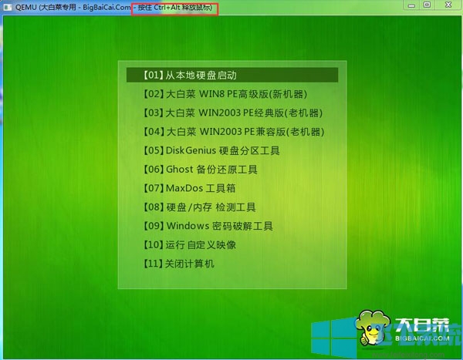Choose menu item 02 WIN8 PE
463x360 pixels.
[x=225, y=94]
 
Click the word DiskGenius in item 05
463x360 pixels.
[x=190, y=150]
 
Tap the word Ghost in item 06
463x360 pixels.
[x=178, y=170]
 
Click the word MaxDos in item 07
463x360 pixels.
[x=183, y=188]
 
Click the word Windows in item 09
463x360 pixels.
[x=188, y=226]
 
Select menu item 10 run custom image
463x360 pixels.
[x=189, y=245]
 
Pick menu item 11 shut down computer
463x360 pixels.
[x=178, y=264]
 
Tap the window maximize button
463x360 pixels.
[x=427, y=5]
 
